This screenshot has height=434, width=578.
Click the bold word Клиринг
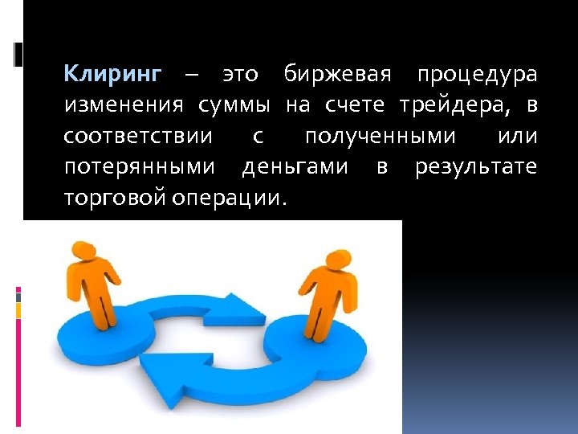pos(113,75)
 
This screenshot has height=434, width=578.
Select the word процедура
pos(477,75)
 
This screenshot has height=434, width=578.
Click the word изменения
pos(123,105)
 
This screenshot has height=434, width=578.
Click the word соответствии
pos(138,136)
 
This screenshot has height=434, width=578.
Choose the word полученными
pos(381,136)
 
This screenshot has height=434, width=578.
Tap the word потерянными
pos(140,166)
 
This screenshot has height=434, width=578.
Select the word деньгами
pos(295,166)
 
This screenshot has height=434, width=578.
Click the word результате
pos(476,166)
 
